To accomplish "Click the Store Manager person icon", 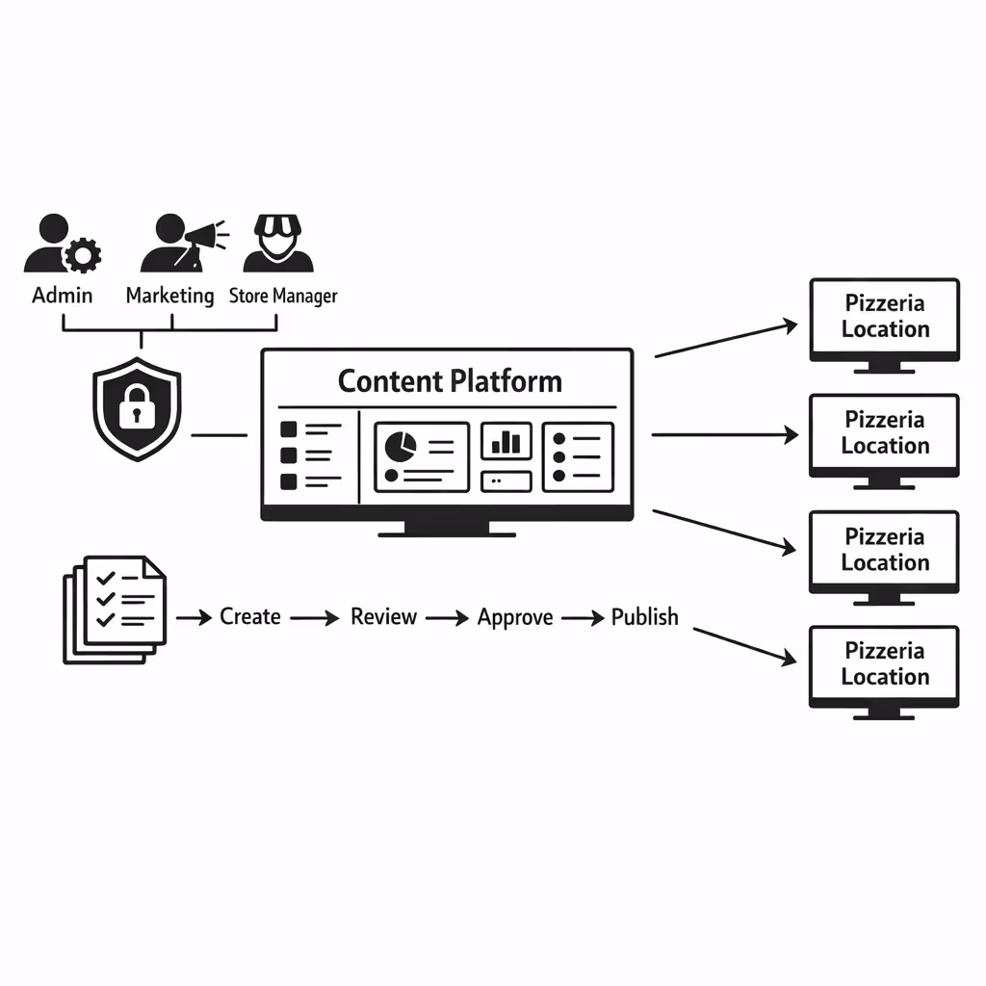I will [x=278, y=245].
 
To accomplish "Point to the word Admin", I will [x=63, y=295].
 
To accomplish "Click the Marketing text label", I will [x=169, y=295].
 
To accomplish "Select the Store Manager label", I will [x=283, y=296].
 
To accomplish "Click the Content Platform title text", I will [x=450, y=380].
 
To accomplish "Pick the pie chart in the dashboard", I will [x=400, y=446].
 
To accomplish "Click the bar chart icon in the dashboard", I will [x=506, y=442].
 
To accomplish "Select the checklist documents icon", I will [x=114, y=609].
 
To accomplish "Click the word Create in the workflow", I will [x=250, y=616].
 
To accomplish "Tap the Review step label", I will [x=383, y=616].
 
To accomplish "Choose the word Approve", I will [x=515, y=617].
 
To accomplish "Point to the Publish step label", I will [x=644, y=616].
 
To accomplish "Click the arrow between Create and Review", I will [x=315, y=618].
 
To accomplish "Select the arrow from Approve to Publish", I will [x=583, y=618].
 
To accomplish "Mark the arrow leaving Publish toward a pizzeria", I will [x=744, y=646].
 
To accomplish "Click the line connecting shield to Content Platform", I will [x=220, y=435].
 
